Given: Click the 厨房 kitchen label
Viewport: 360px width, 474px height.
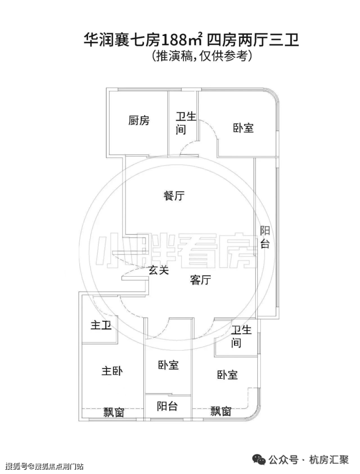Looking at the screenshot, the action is [139, 120].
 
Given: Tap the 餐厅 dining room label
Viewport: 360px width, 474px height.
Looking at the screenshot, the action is [174, 196].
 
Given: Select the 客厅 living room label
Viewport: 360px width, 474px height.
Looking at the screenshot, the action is [200, 280].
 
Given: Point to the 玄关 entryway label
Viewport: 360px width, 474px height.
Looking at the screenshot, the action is [158, 270].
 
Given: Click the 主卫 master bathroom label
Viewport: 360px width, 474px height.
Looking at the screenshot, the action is [101, 325].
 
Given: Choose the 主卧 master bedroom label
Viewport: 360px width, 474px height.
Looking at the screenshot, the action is [112, 371].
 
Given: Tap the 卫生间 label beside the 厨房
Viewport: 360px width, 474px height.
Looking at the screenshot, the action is [186, 123].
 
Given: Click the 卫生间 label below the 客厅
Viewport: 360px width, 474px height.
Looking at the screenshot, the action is [241, 336].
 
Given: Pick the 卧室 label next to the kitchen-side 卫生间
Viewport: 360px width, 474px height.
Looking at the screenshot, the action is [243, 128].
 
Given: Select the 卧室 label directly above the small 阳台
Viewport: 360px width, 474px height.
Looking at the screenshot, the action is [168, 365].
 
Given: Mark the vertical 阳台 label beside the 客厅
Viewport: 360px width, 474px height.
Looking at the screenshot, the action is [265, 237].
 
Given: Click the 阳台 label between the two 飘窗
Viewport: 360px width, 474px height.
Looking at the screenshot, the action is [167, 406].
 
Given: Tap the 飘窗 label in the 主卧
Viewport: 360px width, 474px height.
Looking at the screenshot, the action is [114, 412].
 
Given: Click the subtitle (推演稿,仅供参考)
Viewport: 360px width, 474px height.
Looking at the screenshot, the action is [202, 56].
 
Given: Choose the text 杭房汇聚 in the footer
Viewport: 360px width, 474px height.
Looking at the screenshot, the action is [329, 460].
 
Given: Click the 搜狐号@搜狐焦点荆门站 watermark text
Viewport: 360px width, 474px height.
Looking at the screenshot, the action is [44, 466].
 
